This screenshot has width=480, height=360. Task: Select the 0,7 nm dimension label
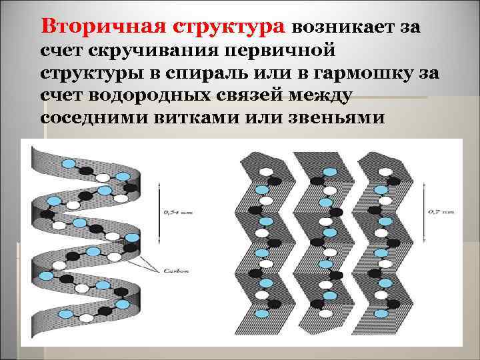pyautogui.click(x=441, y=212)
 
